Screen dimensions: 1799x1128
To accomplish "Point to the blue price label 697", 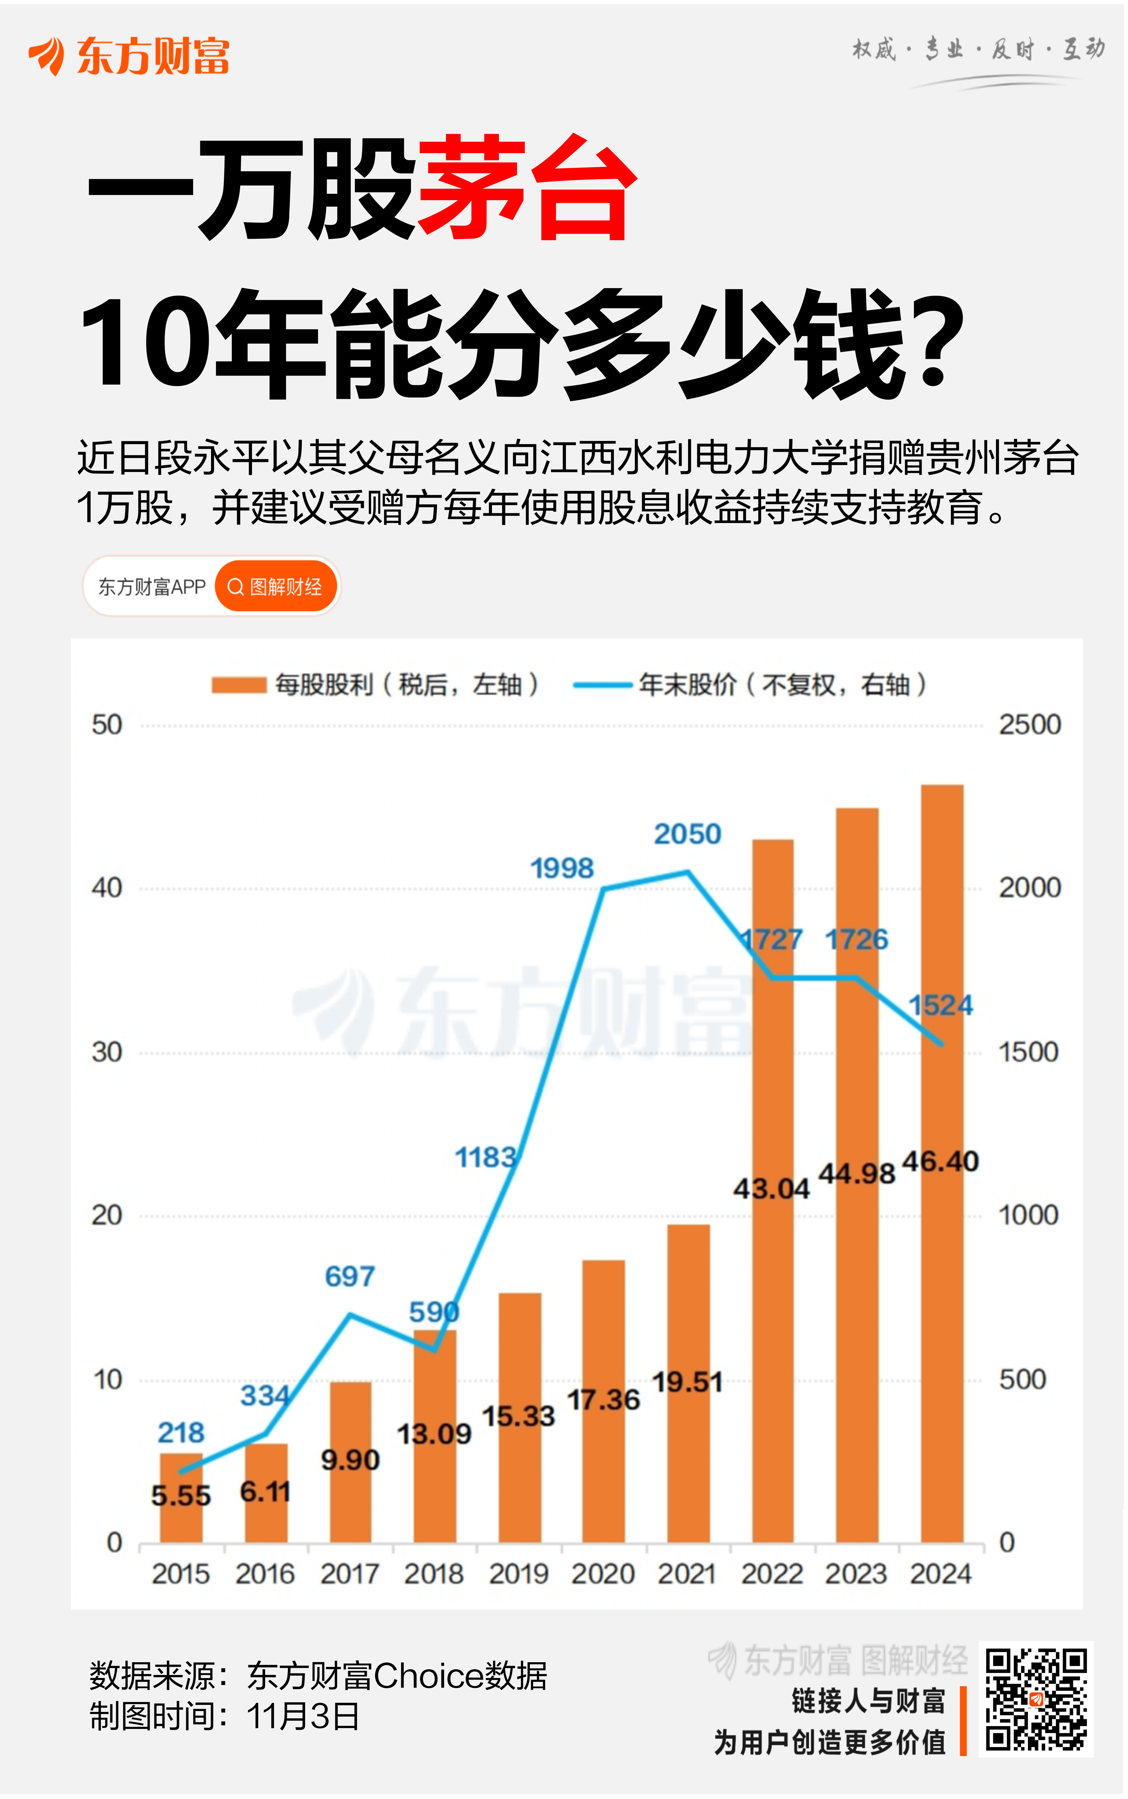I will [349, 1276].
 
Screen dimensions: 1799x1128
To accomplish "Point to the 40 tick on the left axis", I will [107, 888].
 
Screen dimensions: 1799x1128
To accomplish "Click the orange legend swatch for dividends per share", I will [239, 685].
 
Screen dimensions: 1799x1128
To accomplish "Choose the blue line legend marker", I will [601, 685].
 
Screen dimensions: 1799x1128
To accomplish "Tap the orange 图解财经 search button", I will [276, 587].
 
